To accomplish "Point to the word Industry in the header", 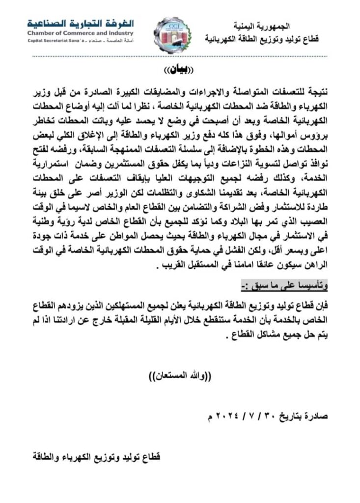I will point(120,33).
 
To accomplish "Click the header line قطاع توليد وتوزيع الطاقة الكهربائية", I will point(262,38).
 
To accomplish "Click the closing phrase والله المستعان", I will point(179,377).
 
